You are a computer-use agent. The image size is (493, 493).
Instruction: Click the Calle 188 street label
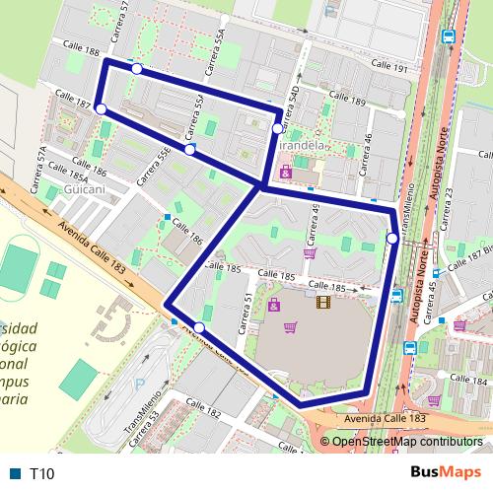coord(80,48)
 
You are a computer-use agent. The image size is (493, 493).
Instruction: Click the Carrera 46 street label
coord(367,148)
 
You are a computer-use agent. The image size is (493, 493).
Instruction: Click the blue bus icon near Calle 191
coord(449,36)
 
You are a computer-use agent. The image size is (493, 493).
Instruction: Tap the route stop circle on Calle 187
coord(102,108)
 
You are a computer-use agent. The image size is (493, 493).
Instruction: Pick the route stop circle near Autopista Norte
coord(392,239)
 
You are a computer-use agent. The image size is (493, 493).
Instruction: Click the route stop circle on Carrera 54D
coord(277,128)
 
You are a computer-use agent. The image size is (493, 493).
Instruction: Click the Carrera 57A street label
coord(41,167)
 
